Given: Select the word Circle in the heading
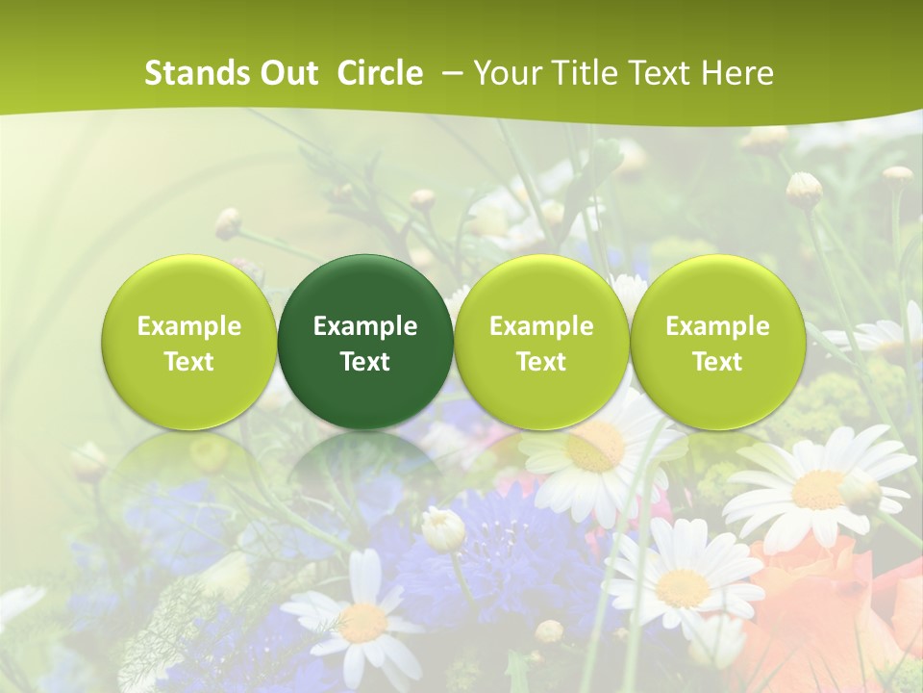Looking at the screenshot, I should [x=380, y=73].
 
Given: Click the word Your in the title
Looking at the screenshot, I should [x=507, y=73].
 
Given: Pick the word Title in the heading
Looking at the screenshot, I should [x=580, y=73].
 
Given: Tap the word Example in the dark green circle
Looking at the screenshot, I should [x=365, y=326].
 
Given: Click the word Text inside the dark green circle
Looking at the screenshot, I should [x=365, y=362].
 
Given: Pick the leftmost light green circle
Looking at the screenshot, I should [x=189, y=343].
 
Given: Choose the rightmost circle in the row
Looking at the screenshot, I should [x=717, y=343].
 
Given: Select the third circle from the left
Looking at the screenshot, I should [x=541, y=343].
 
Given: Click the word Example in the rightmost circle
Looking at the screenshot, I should [x=717, y=326].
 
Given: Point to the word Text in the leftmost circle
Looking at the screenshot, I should [x=189, y=362].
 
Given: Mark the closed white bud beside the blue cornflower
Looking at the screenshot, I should [x=442, y=528].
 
